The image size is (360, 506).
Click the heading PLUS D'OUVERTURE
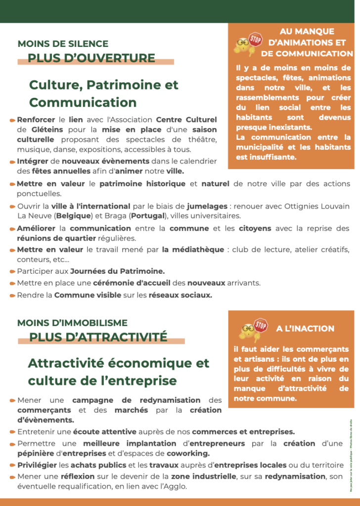click(x=91, y=58)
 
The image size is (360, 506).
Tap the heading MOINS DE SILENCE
click(x=63, y=44)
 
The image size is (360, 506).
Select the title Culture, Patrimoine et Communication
click(x=103, y=93)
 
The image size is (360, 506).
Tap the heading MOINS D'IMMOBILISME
click(x=72, y=323)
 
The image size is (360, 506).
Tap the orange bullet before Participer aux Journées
click(x=12, y=272)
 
